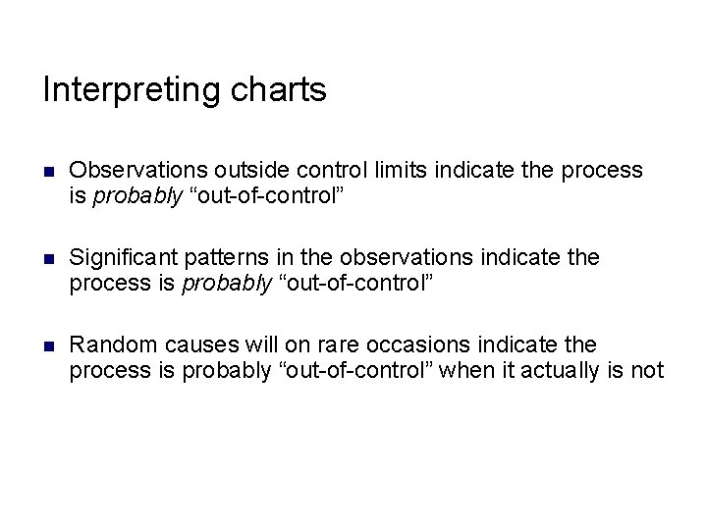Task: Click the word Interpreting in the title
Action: [130, 90]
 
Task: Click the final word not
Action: [648, 370]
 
